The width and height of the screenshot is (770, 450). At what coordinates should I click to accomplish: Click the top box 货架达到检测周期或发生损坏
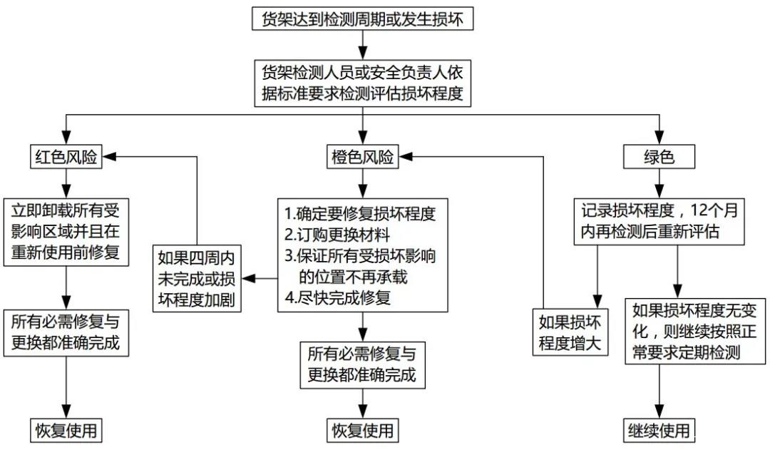363,19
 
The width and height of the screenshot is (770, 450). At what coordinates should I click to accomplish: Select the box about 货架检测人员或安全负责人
363,83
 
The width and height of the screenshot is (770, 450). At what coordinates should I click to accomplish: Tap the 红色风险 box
65,157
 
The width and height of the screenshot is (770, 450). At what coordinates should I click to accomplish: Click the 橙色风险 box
363,157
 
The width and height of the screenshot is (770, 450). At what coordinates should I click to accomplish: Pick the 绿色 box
658,157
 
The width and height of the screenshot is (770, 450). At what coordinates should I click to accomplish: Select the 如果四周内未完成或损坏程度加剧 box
196,277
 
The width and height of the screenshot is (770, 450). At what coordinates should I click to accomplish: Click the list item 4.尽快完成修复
337,297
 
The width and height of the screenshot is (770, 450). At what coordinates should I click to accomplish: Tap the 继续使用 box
658,431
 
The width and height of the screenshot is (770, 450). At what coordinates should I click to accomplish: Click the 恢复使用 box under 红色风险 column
65,431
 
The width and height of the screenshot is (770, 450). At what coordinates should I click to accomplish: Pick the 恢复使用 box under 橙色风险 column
362,431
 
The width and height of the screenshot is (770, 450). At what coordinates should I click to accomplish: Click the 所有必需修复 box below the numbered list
362,364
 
